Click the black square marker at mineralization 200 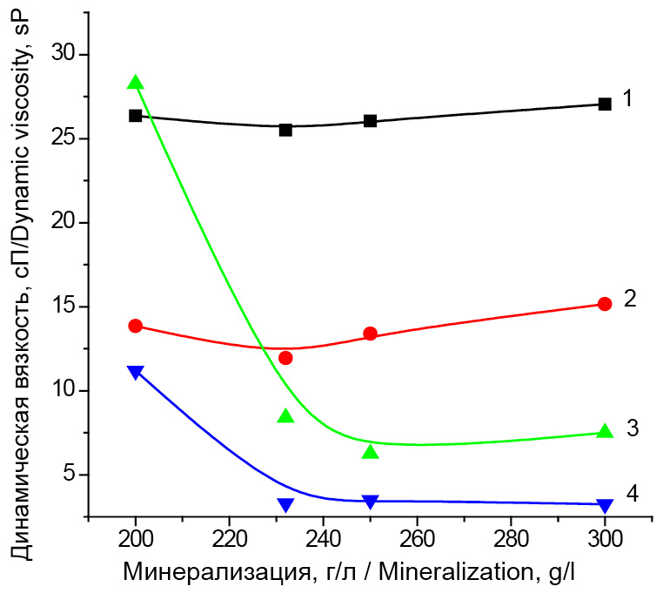[x=135, y=116]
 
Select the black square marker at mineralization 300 [x=605, y=104]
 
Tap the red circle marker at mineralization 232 [x=285, y=358]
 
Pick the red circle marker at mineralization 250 [x=370, y=334]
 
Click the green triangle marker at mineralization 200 [x=135, y=83]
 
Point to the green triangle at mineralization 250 [x=370, y=452]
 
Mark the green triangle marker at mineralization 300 [x=605, y=432]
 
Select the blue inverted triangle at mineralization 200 [x=135, y=373]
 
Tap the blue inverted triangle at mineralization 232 [x=285, y=505]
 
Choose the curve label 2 [x=631, y=300]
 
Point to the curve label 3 [x=633, y=428]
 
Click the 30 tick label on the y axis [x=64, y=55]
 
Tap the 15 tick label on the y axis [x=64, y=307]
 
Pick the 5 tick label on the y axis [x=70, y=475]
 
